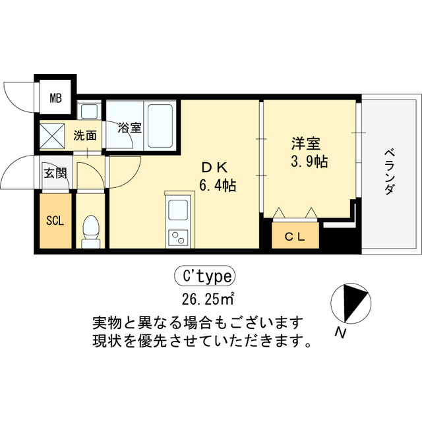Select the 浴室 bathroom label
(x=130, y=127)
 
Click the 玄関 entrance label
(x=55, y=173)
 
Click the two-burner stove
(x=177, y=237)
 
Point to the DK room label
(x=215, y=168)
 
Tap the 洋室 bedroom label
(x=304, y=142)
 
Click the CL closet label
(x=294, y=237)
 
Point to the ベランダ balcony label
(x=388, y=172)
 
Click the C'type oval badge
(x=204, y=275)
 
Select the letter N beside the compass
(x=340, y=333)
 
